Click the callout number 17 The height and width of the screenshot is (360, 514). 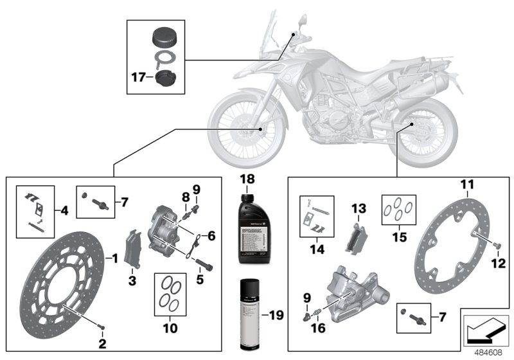coord(138,78)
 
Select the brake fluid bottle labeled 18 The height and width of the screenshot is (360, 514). coord(248,228)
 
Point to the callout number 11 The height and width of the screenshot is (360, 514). coord(466,186)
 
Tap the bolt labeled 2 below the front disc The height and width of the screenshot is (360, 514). coord(101,331)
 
